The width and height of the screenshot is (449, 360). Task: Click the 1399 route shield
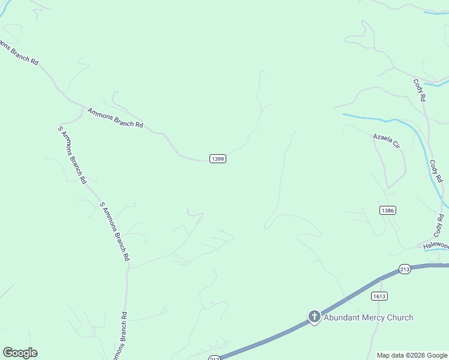tap(218, 158)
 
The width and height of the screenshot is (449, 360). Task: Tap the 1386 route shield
tap(387, 211)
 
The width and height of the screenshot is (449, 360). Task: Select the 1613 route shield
tap(379, 296)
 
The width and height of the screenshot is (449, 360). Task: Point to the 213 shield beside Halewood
tap(404, 269)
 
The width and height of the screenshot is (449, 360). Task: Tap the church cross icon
tap(314, 317)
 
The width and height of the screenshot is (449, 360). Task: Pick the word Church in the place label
tap(400, 317)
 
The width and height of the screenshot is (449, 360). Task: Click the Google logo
tap(20, 353)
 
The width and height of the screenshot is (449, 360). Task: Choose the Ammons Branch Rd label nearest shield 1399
tap(115, 118)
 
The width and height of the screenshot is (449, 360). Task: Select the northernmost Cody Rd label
tap(419, 89)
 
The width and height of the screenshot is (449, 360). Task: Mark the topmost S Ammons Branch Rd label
tap(72, 155)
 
